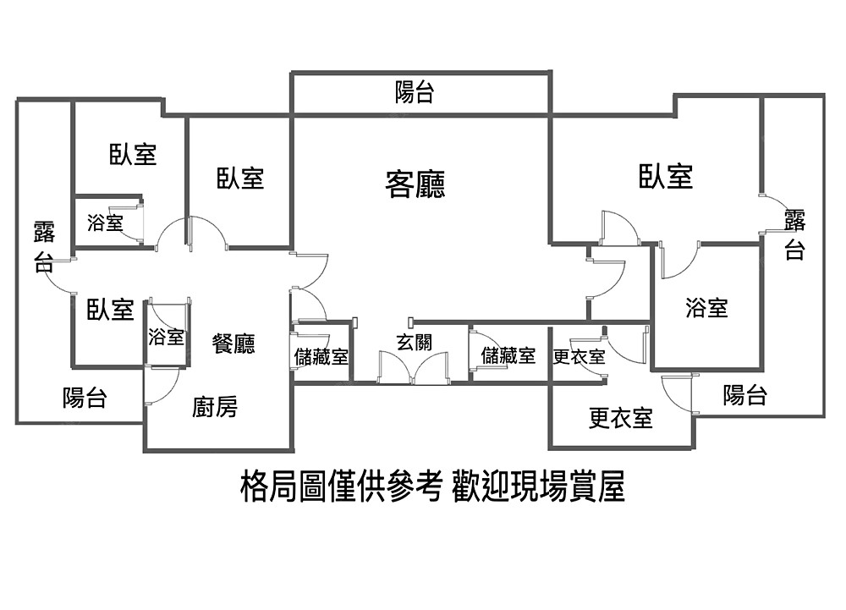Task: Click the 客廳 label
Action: tap(415, 184)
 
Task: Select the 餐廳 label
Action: tap(233, 343)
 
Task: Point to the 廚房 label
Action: tap(215, 408)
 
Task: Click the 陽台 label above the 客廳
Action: tap(415, 92)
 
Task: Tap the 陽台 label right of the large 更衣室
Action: tap(745, 394)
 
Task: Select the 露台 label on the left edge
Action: tap(44, 245)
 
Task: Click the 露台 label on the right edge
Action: tap(794, 235)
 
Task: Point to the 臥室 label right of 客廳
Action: tap(666, 176)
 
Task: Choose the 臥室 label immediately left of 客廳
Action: tap(240, 178)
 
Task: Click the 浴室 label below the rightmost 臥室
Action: tap(706, 307)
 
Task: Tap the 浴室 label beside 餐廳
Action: tap(166, 337)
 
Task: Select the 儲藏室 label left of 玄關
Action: tap(321, 356)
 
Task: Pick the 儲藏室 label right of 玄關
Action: tap(508, 355)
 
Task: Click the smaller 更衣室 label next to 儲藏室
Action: tap(579, 356)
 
